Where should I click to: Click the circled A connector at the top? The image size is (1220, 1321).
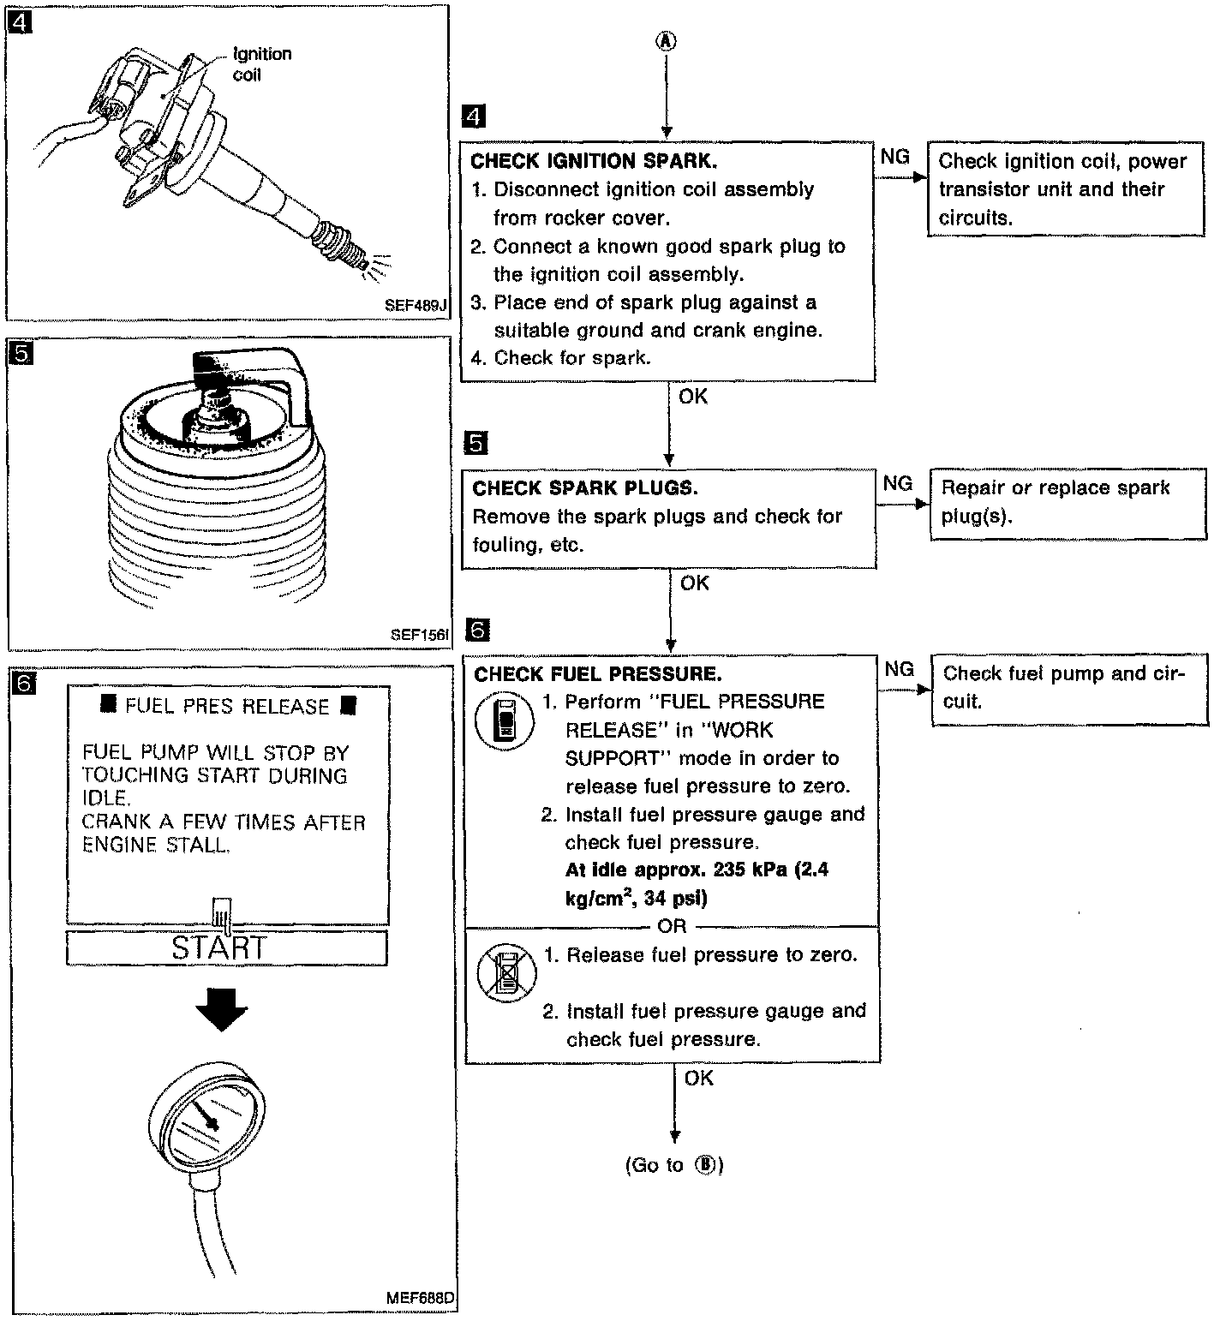pos(666,40)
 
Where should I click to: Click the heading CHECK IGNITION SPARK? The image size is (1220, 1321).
pos(594,161)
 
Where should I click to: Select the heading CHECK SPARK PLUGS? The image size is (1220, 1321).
pos(585,488)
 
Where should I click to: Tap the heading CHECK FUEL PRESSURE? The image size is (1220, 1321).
pos(597,674)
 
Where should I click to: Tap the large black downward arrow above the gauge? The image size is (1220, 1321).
pos(220,1013)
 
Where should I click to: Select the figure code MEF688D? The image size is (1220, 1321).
pos(419,1297)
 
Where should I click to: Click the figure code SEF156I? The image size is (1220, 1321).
pos(419,635)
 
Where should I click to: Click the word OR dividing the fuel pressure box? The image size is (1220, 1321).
pos(672,926)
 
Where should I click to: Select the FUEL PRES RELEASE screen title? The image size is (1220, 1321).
pos(227,706)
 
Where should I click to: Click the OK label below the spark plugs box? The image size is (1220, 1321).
pos(694,583)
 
